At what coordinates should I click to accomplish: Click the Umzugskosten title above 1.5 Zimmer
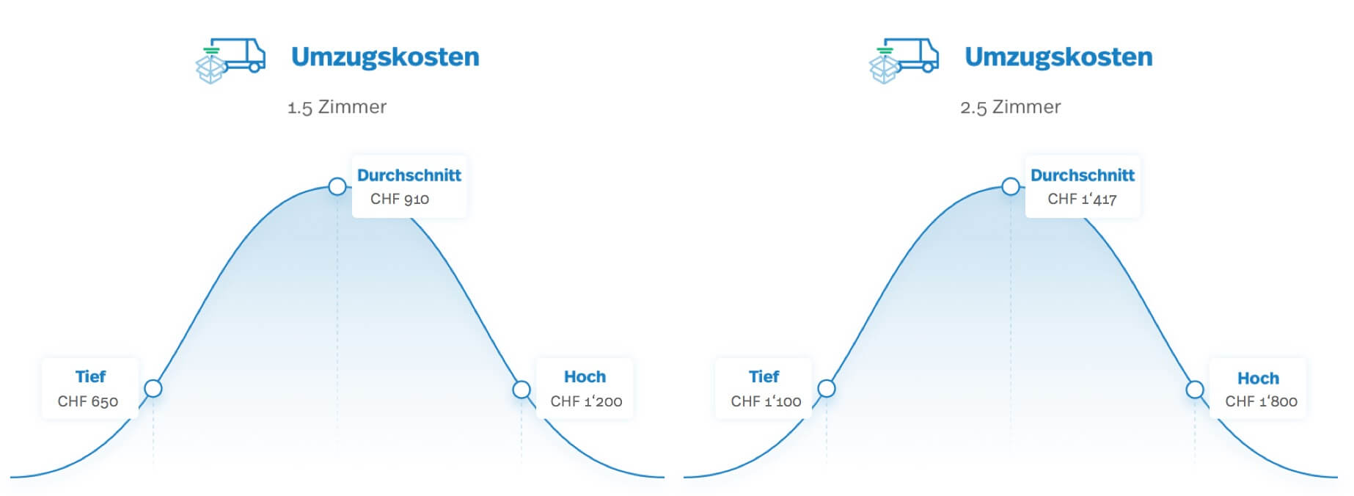(x=385, y=57)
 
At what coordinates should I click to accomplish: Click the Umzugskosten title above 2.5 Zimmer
(x=1058, y=57)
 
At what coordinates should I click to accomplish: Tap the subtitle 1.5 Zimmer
(x=337, y=107)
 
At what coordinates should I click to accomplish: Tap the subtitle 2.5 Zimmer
(x=1010, y=107)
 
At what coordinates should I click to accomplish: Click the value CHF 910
(x=400, y=199)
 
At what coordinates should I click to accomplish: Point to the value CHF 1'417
(x=1082, y=199)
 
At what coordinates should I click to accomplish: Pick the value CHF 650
(x=88, y=401)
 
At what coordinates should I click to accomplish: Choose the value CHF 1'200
(x=586, y=401)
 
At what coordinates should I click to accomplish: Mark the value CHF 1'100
(x=766, y=401)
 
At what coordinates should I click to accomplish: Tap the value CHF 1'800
(x=1261, y=401)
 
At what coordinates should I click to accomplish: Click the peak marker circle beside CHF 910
(x=337, y=186)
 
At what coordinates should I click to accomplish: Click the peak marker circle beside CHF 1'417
(x=1011, y=186)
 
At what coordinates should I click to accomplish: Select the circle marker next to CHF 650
(x=153, y=388)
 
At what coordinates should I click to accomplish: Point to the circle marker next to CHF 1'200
(x=522, y=389)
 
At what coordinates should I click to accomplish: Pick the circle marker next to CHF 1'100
(x=827, y=388)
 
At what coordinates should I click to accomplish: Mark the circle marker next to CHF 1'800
(x=1195, y=389)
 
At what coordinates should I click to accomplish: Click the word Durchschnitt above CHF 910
(x=409, y=175)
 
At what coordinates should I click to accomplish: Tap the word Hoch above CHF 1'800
(x=1258, y=379)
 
